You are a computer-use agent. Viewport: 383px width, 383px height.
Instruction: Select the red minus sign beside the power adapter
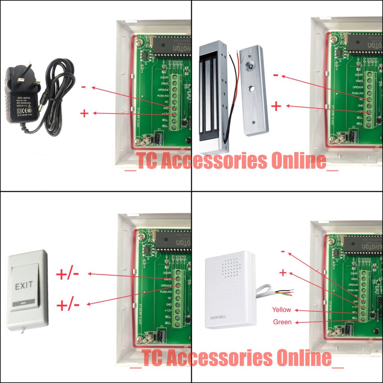click(84, 88)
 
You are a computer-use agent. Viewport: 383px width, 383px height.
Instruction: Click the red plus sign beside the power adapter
click(84, 113)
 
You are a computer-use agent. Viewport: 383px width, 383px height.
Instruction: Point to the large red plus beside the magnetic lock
click(276, 107)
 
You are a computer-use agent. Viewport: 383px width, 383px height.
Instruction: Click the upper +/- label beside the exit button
click(68, 275)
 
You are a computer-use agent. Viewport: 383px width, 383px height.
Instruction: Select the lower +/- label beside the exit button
click(68, 305)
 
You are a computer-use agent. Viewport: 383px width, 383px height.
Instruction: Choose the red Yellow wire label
click(282, 310)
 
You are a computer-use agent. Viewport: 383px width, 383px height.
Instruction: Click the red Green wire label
click(282, 322)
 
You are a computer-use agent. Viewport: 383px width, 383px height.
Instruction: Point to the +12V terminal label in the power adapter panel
click(166, 114)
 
